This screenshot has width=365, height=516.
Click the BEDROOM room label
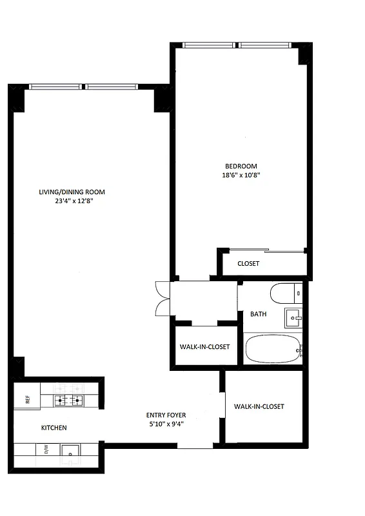tap(242, 166)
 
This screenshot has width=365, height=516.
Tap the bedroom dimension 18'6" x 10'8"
tap(242, 175)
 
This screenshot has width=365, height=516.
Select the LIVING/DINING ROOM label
tap(72, 192)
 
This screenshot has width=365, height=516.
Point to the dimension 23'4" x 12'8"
tap(72, 201)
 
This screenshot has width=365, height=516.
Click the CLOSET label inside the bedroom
tap(248, 264)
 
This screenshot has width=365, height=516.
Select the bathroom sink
tap(293, 317)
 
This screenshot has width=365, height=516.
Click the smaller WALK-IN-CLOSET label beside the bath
tap(204, 347)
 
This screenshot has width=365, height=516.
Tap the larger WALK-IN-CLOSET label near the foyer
tap(259, 406)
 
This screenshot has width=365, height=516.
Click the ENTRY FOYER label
tap(166, 415)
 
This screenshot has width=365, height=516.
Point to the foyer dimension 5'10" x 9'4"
tap(166, 424)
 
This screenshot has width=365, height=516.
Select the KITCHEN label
tap(54, 428)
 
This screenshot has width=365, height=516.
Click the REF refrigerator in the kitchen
tap(27, 399)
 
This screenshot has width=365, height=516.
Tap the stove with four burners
tap(69, 400)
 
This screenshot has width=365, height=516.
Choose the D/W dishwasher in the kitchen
tap(46, 450)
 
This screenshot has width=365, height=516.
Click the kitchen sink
tap(71, 450)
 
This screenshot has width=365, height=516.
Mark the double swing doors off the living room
tap(162, 299)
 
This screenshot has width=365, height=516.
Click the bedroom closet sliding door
tap(266, 251)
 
